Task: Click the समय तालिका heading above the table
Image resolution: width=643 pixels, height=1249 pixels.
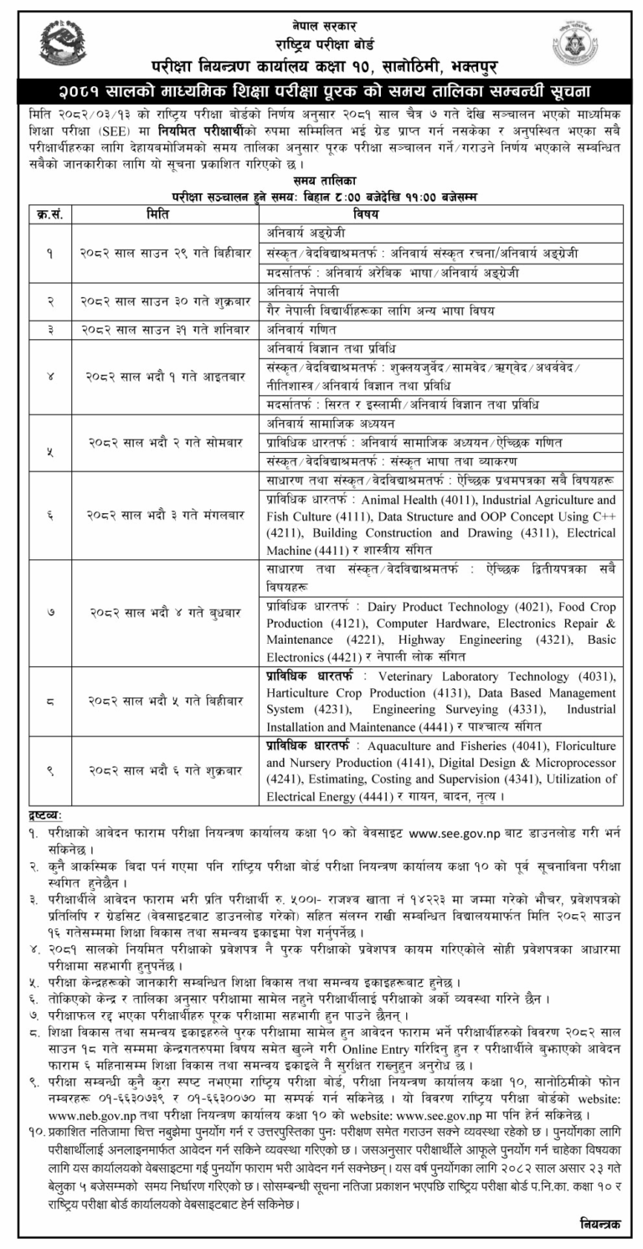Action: coord(321,180)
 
